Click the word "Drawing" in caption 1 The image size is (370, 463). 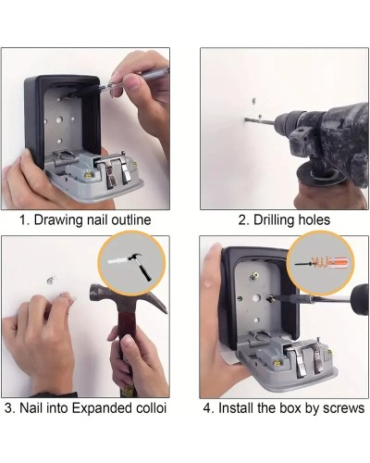[58, 220]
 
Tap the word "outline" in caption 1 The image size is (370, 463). [131, 219]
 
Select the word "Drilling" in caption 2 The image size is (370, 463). [274, 220]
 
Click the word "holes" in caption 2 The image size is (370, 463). [314, 219]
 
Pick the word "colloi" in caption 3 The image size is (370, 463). [151, 408]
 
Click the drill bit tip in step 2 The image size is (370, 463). [246, 119]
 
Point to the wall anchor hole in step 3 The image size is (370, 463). [51, 281]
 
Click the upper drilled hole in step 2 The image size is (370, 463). [254, 100]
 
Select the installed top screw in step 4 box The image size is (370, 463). [254, 276]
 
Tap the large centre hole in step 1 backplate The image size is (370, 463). [59, 119]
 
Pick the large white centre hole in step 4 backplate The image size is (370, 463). [255, 298]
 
